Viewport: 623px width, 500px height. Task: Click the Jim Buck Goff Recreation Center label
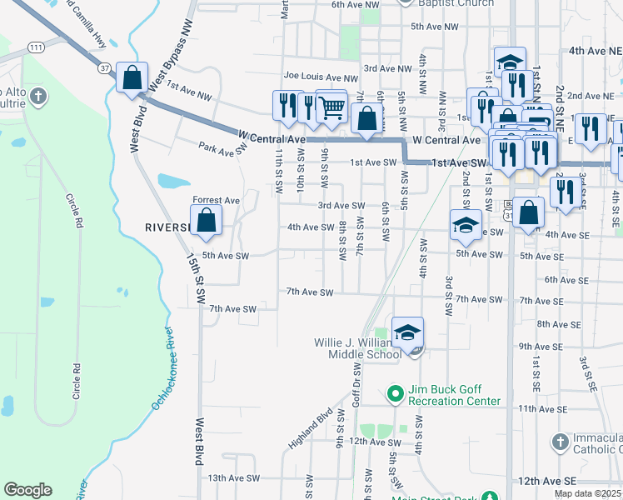pyautogui.click(x=454, y=395)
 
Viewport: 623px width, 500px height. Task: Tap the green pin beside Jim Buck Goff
pyautogui.click(x=396, y=391)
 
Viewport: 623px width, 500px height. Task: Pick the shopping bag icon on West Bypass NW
pyautogui.click(x=132, y=79)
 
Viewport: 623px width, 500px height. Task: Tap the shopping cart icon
pyautogui.click(x=331, y=106)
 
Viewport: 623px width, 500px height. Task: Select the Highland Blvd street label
pyautogui.click(x=311, y=428)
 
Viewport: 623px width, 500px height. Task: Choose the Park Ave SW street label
pyautogui.click(x=223, y=147)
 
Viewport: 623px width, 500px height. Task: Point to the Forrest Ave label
pyautogui.click(x=216, y=200)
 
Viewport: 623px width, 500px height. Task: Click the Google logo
pyautogui.click(x=27, y=490)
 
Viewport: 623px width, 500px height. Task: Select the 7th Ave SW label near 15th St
pyautogui.click(x=232, y=308)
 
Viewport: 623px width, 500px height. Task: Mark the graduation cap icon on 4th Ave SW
pyautogui.click(x=466, y=223)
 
